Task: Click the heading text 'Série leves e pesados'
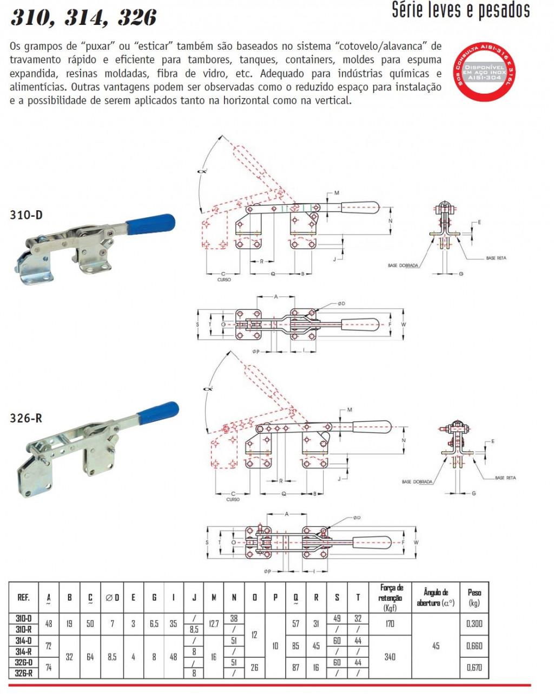460,10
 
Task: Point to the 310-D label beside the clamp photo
26,215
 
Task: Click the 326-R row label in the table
24,673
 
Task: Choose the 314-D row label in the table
24,640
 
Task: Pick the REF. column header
24,598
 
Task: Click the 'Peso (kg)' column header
474,598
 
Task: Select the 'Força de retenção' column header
392,598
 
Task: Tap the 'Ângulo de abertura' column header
436,598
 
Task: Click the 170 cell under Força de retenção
390,624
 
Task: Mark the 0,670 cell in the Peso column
474,667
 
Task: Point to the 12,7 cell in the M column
214,624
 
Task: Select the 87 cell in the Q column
295,667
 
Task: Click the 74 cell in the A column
49,667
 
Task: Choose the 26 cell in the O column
254,667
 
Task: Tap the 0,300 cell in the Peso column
474,624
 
